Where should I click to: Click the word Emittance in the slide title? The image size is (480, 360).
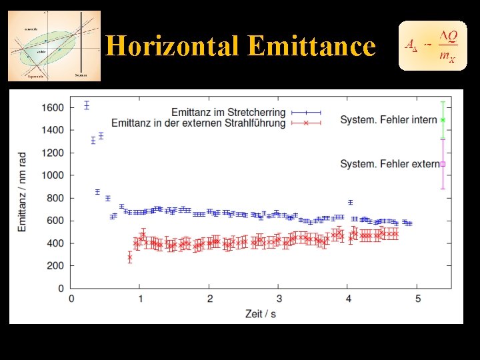click(x=311, y=46)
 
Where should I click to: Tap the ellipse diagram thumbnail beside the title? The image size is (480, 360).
click(x=54, y=45)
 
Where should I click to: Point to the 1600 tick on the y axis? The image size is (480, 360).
click(x=53, y=107)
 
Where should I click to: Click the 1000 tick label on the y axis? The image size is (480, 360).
click(x=53, y=175)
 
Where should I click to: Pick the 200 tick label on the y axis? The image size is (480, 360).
click(x=55, y=266)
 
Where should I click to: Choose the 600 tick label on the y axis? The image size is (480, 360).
click(x=55, y=221)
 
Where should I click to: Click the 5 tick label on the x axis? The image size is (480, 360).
click(x=417, y=299)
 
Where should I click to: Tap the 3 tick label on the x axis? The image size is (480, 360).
click(x=279, y=299)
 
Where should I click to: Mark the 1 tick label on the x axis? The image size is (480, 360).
click(x=140, y=299)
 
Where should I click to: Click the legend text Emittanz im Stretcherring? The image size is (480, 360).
click(x=228, y=112)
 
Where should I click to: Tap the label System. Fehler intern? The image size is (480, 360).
click(x=388, y=120)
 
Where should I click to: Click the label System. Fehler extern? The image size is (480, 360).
click(x=389, y=163)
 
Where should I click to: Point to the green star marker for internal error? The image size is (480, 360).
click(x=443, y=120)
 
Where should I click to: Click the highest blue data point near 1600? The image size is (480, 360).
click(x=87, y=105)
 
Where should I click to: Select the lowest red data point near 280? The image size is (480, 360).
click(x=129, y=257)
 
